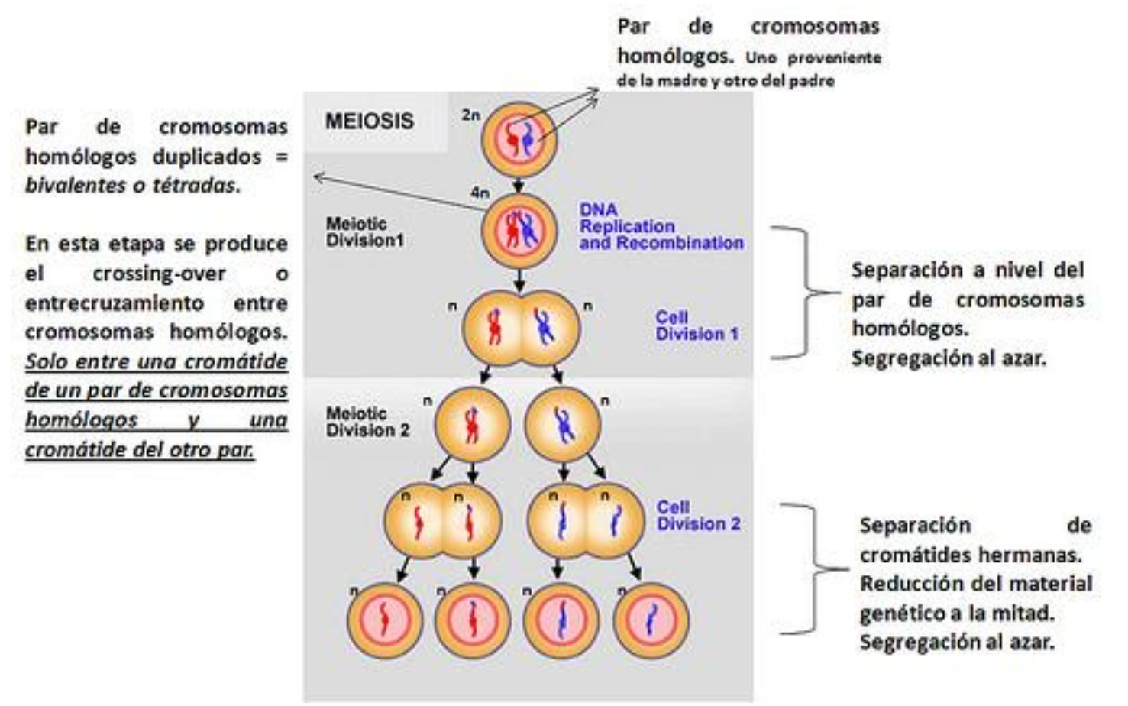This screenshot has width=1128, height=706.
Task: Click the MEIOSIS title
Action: (x=369, y=121)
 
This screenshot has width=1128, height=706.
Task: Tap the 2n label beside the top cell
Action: (x=470, y=115)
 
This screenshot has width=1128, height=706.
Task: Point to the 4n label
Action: (x=480, y=193)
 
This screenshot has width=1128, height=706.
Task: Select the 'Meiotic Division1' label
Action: (x=364, y=232)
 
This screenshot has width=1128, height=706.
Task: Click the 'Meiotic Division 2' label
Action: (x=367, y=422)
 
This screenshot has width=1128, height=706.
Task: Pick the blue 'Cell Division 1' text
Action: (x=697, y=325)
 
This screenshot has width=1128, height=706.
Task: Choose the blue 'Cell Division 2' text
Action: (x=699, y=516)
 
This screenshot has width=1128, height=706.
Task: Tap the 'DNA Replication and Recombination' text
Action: (x=661, y=226)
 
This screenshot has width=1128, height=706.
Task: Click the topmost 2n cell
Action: (x=519, y=140)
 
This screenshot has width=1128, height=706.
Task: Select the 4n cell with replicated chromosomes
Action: (x=519, y=232)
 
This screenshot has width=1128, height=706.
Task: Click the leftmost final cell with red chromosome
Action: (x=385, y=620)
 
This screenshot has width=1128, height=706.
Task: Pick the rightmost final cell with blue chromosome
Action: (x=651, y=620)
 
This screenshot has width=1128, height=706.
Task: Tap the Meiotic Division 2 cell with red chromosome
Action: (x=472, y=425)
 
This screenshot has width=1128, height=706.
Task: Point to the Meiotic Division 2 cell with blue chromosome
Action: (x=563, y=425)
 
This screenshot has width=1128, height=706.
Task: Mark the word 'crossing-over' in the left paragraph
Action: (x=159, y=274)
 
